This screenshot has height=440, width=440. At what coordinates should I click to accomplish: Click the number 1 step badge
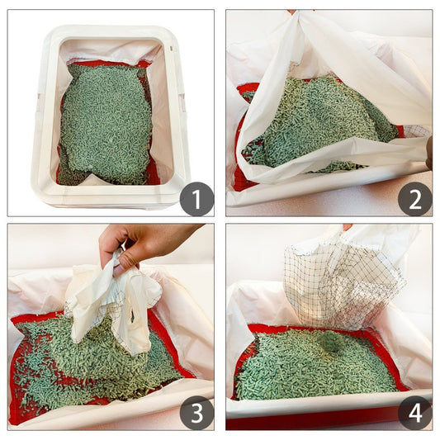(x=196, y=199)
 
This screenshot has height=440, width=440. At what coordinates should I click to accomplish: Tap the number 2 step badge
(x=414, y=199)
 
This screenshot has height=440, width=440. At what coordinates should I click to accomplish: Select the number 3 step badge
(x=196, y=413)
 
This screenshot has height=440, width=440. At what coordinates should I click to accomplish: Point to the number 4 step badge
(x=414, y=413)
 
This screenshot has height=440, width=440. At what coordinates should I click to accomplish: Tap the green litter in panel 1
(x=106, y=124)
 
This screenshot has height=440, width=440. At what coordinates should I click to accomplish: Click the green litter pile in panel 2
(x=322, y=124)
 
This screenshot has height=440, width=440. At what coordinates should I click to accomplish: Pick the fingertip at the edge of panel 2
(x=428, y=153)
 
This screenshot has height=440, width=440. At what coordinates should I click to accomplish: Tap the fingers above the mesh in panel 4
(x=348, y=227)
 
